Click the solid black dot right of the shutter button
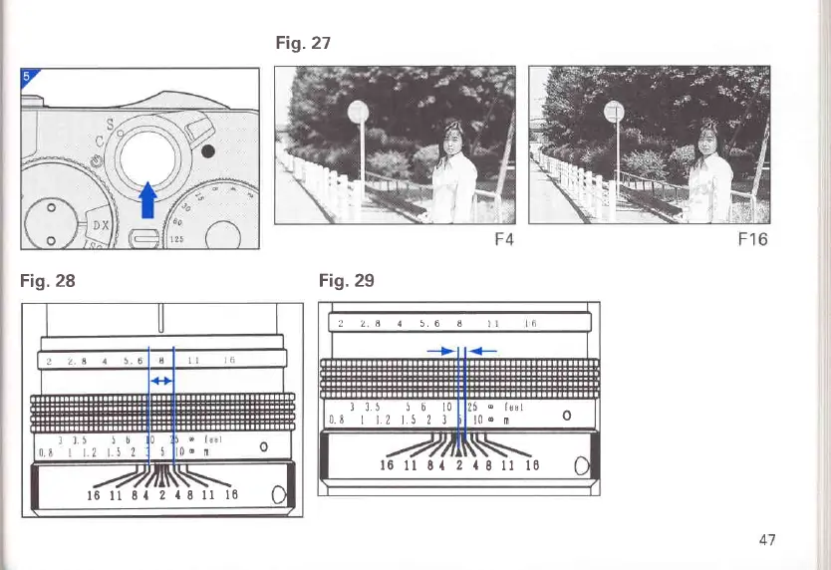(208, 151)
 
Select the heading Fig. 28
(48, 281)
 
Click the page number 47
(766, 540)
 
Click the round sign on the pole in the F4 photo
(359, 112)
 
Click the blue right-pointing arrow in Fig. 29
(441, 351)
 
